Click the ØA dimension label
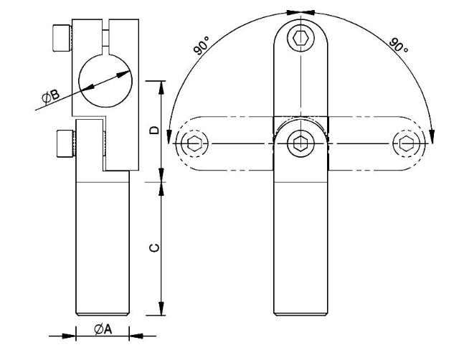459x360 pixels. pos(101,329)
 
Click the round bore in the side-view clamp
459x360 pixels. pos(106,83)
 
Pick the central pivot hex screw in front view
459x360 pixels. pos(300,143)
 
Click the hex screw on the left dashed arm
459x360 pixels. pos(191,143)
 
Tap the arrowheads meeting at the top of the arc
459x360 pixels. pos(300,11)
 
